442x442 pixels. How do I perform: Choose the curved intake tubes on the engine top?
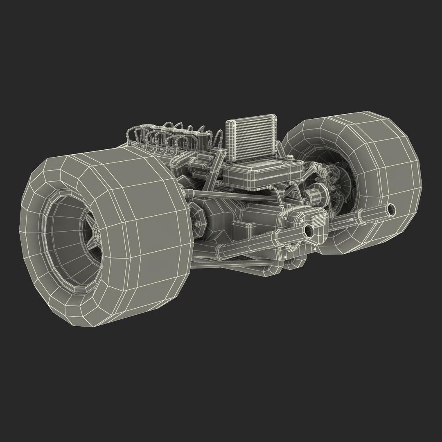coord(172,135)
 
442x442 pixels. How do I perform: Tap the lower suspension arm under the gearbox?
coord(229,262)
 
